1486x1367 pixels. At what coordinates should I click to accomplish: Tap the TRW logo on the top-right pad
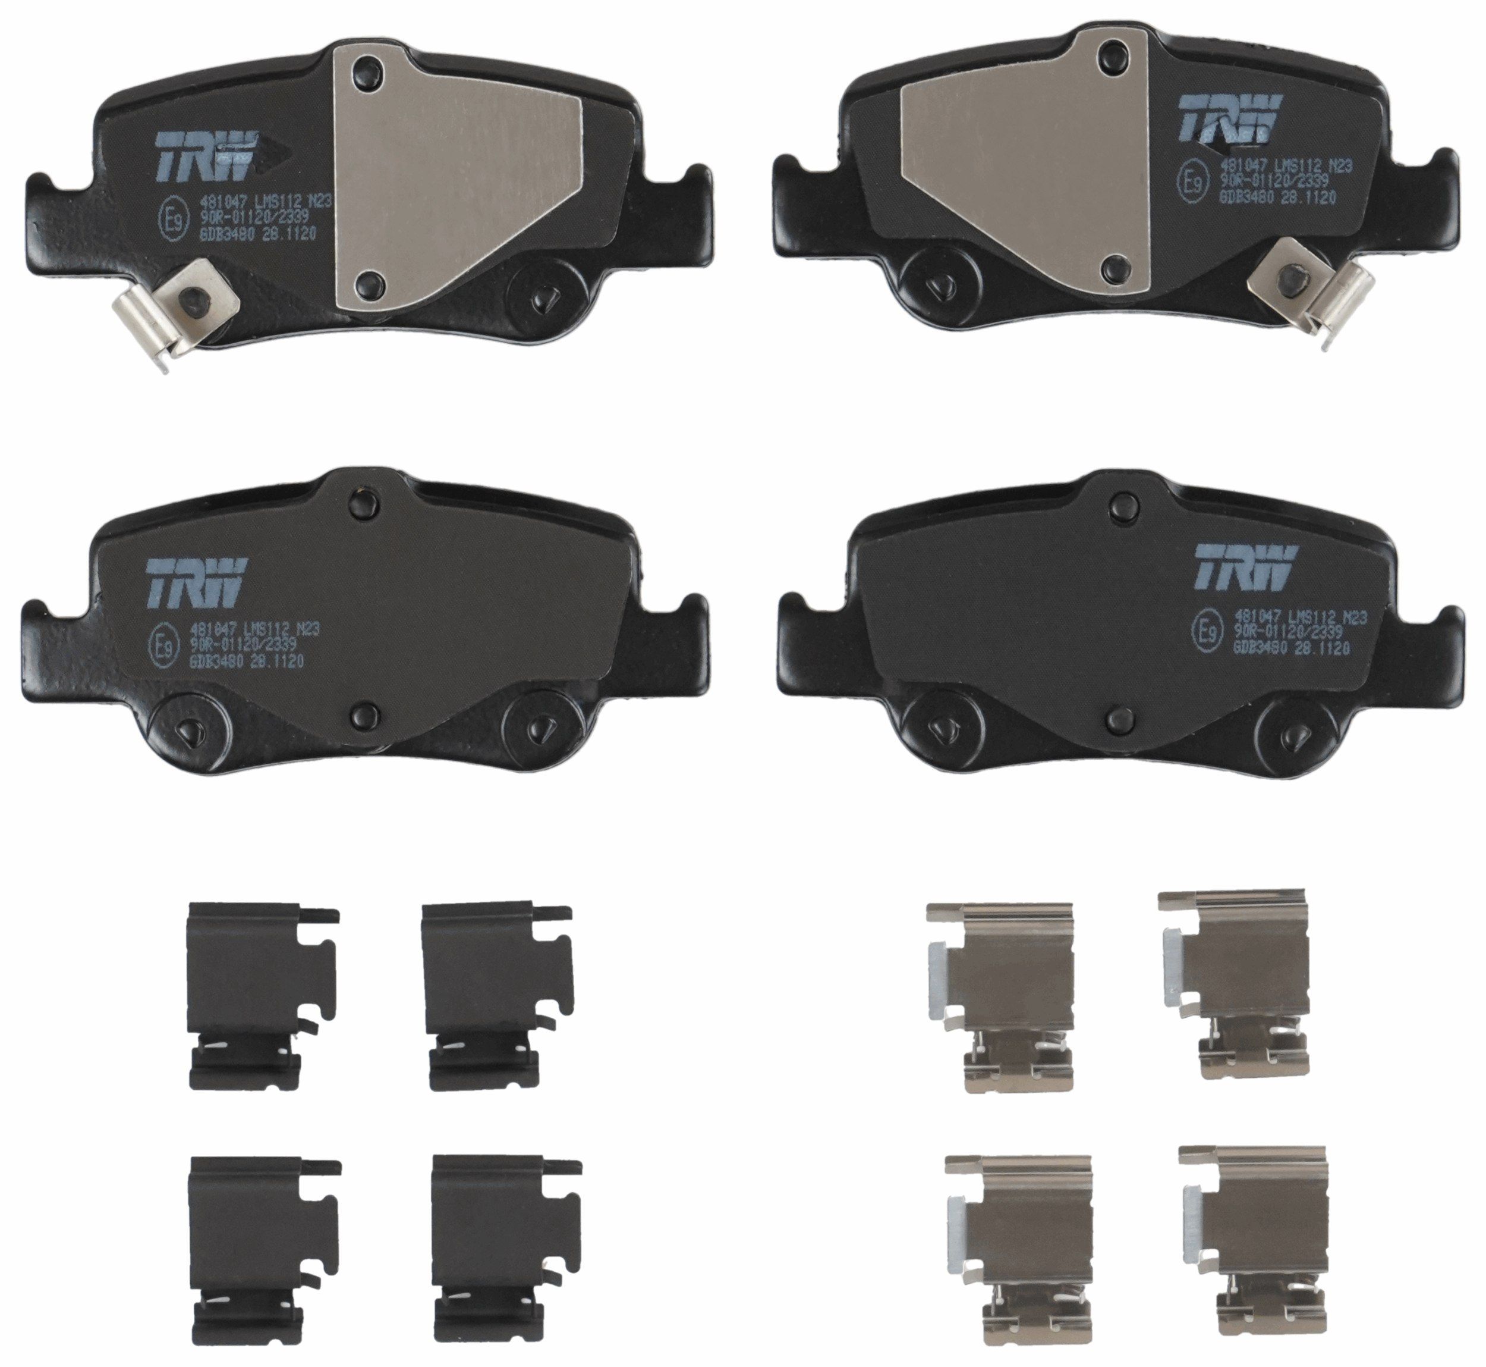tap(1229, 119)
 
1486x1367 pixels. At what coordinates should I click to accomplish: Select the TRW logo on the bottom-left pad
tap(197, 581)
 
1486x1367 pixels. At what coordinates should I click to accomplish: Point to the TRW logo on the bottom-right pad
tap(1246, 568)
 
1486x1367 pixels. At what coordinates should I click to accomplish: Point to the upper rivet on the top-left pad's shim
tap(367, 73)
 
